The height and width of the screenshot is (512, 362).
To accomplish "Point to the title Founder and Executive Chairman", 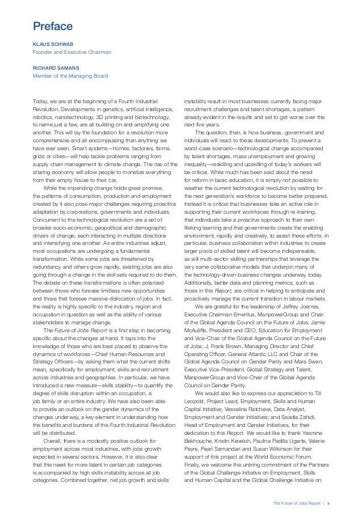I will [x=71, y=52].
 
